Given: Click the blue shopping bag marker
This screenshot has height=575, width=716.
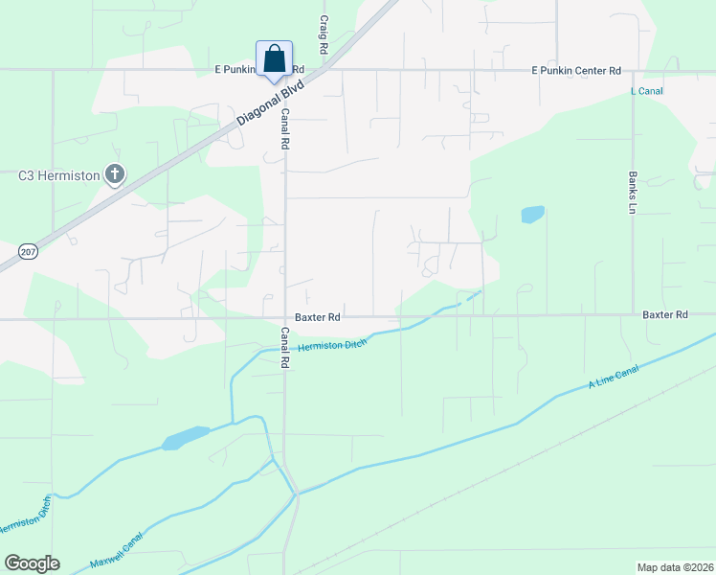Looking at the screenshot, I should click(x=274, y=59).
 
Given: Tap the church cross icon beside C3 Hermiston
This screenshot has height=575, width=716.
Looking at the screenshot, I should click(x=115, y=175).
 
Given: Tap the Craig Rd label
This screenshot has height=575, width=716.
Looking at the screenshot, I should click(x=324, y=34).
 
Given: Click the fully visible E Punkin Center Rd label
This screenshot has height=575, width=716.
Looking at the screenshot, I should click(x=576, y=71).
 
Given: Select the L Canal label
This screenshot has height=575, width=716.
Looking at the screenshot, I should click(x=647, y=91).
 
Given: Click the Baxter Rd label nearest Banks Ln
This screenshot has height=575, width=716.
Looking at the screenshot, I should click(x=665, y=314).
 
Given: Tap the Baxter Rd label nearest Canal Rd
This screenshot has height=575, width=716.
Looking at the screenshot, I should click(x=319, y=316).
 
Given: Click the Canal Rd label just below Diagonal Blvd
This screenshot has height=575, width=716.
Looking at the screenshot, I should click(x=284, y=127).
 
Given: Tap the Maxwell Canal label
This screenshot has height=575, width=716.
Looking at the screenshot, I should click(x=116, y=550).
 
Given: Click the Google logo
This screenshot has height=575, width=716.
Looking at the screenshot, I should click(x=32, y=563).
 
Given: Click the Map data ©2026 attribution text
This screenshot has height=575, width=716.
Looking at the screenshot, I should click(x=675, y=567).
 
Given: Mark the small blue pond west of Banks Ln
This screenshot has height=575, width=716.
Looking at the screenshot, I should click(x=532, y=215).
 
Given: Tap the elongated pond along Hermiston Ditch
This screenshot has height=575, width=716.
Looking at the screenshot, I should click(x=186, y=439).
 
